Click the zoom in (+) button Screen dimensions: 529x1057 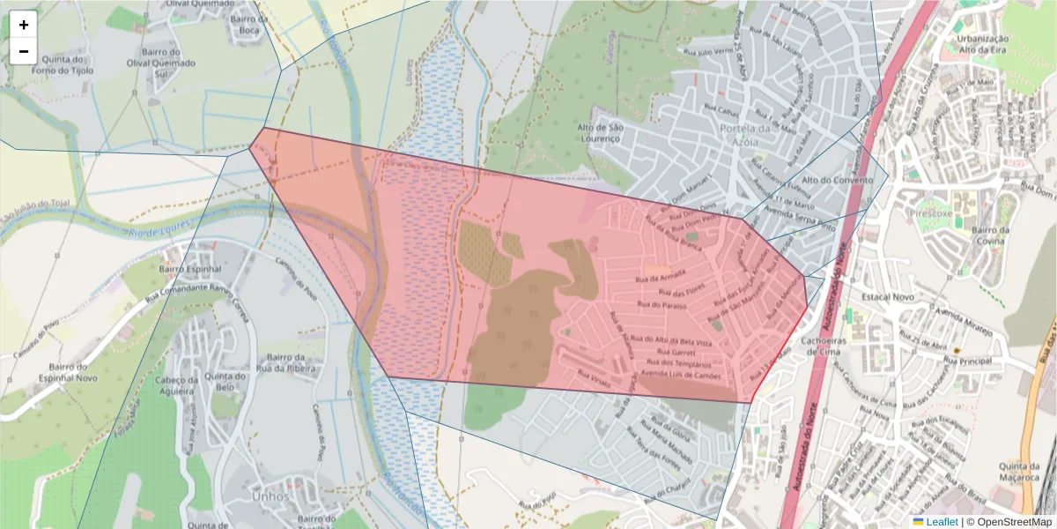[24, 25]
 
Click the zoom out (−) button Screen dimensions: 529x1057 [24, 51]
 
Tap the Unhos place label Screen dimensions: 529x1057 [269, 496]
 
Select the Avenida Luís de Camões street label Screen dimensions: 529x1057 [682, 374]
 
